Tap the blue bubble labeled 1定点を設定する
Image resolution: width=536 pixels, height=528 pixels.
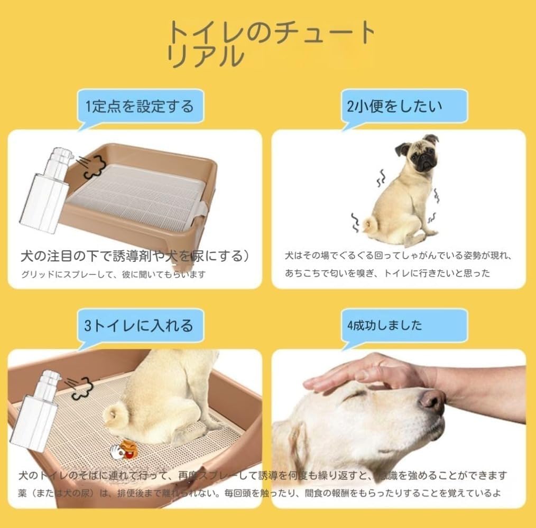[140, 107]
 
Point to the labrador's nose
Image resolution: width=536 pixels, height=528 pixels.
[432, 400]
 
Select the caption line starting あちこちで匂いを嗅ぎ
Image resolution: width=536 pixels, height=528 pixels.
[387, 273]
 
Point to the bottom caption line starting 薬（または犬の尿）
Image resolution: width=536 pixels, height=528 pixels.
[259, 494]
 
